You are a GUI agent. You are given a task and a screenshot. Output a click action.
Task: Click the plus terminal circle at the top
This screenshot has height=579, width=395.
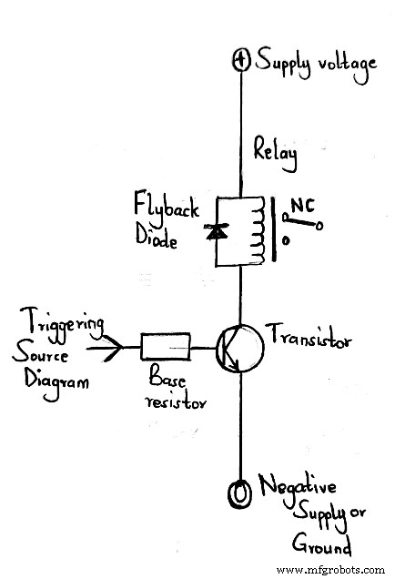pos(241,61)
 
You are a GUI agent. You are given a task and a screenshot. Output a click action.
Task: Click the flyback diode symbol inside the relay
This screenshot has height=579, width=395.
pos(217,232)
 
